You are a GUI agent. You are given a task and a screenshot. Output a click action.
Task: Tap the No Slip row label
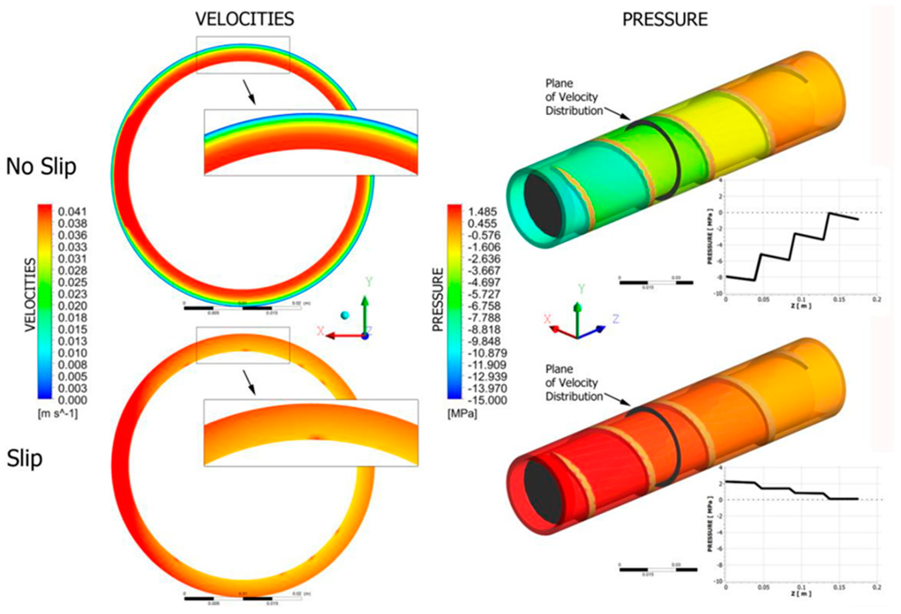coord(41,167)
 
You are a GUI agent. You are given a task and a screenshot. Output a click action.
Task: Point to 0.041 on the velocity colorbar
coord(72,212)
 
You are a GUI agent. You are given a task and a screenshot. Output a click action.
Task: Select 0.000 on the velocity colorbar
coord(72,400)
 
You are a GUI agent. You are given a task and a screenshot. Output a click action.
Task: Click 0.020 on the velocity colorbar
coord(72,306)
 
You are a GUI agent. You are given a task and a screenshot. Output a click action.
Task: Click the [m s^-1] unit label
coord(57,414)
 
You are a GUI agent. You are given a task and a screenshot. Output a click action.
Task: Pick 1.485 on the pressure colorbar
coord(482,212)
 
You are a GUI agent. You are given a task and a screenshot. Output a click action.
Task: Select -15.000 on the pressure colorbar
coord(487,400)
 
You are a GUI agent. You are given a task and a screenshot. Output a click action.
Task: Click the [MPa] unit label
coord(462,414)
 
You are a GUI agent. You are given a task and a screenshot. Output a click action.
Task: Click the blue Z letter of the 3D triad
coord(615,319)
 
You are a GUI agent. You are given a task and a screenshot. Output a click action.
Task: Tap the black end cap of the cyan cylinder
coord(542,205)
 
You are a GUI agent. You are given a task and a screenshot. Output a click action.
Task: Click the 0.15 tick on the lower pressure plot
coord(839,587)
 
